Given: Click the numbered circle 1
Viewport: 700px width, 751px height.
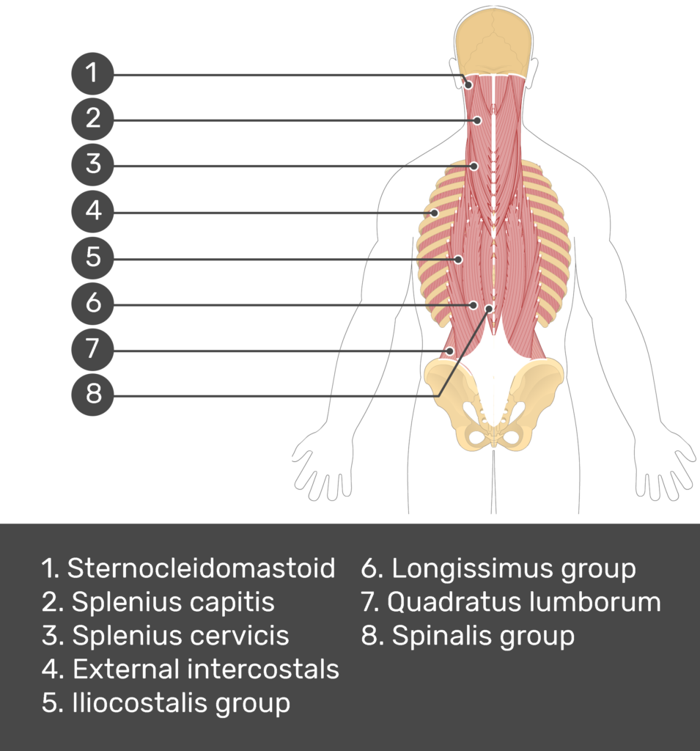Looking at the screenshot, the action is pyautogui.click(x=92, y=73).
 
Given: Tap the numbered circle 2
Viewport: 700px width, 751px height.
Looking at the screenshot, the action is pyautogui.click(x=92, y=120).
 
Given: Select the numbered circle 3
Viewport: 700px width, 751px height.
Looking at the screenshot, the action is pyautogui.click(x=92, y=165).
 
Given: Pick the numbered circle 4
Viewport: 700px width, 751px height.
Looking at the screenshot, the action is pyautogui.click(x=92, y=211).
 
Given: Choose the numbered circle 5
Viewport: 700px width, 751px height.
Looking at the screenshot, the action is pyautogui.click(x=92, y=257).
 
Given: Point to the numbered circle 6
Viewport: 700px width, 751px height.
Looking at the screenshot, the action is pyautogui.click(x=92, y=303).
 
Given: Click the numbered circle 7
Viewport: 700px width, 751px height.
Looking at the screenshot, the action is pyautogui.click(x=92, y=349).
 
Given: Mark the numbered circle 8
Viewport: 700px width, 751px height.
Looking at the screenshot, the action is pyautogui.click(x=92, y=395).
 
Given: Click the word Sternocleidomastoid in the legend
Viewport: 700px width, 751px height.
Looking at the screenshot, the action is pyautogui.click(x=201, y=568).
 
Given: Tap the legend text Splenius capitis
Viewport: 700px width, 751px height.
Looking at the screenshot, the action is pyautogui.click(x=173, y=601).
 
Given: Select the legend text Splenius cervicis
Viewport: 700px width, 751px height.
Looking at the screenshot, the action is pyautogui.click(x=180, y=636).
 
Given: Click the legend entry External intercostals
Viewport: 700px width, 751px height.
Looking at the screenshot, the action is pyautogui.click(x=206, y=669).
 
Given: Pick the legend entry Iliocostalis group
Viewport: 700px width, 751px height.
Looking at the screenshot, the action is pyautogui.click(x=181, y=703).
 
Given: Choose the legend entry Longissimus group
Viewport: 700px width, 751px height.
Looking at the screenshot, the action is pyautogui.click(x=514, y=568).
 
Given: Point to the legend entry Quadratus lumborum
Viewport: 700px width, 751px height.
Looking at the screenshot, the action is pyautogui.click(x=524, y=601).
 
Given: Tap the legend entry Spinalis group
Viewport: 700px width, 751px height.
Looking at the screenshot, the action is pyautogui.click(x=483, y=636).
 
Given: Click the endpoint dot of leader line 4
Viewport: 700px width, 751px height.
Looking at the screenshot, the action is pyautogui.click(x=434, y=213).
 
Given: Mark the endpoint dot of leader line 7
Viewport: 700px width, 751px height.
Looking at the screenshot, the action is pyautogui.click(x=449, y=351).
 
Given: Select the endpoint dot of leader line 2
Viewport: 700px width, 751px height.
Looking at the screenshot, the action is pyautogui.click(x=477, y=120).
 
